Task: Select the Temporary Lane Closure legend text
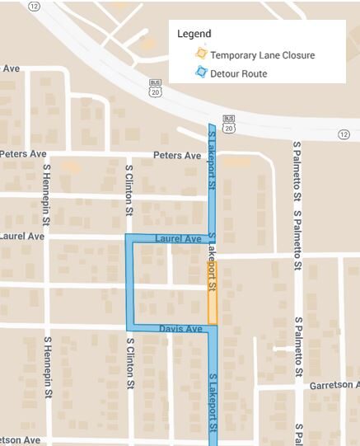pos(262,55)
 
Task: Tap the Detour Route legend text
pos(238,74)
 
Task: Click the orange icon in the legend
pos(200,55)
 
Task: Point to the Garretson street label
pos(334,386)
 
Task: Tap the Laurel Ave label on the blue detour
pos(178,239)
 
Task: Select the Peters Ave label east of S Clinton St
pos(176,156)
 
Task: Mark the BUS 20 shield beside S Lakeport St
pos(229,123)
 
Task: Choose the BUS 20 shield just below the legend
pos(155,87)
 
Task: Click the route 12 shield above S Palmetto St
pos(344,134)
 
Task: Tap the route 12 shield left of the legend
pos(34,6)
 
